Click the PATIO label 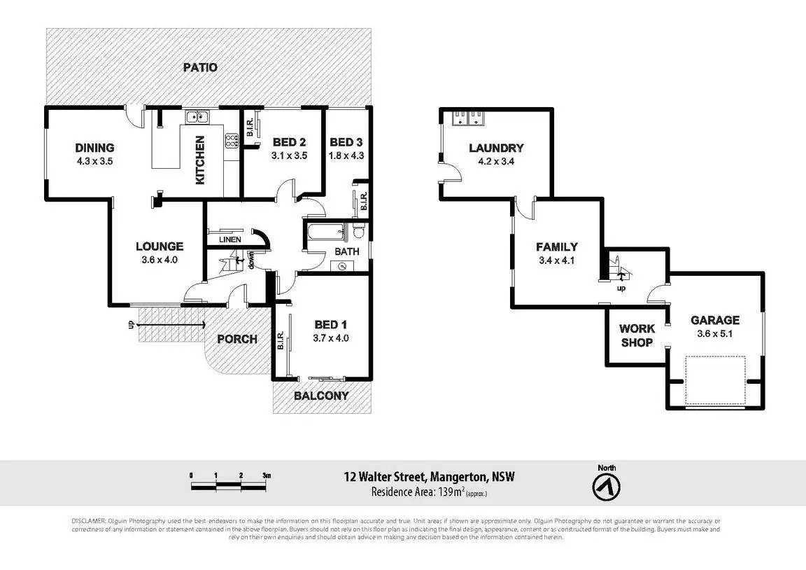point(200,68)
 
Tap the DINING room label point(94,148)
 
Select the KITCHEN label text point(200,160)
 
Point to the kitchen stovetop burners point(231,141)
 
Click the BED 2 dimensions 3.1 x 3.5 point(290,155)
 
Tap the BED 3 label point(346,141)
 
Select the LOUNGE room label point(160,246)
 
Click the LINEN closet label point(229,239)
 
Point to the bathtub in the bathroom point(324,231)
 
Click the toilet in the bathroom point(358,230)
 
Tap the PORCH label point(237,339)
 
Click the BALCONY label point(321,396)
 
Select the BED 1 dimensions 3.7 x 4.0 point(331,338)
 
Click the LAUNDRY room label point(496,148)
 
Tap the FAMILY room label point(557,246)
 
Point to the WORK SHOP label point(637,335)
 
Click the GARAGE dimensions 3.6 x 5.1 point(715,333)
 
